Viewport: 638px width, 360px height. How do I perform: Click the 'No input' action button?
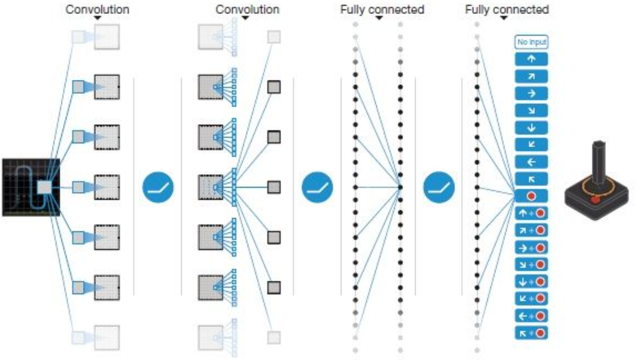(x=531, y=42)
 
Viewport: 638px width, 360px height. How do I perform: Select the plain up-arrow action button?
(x=531, y=60)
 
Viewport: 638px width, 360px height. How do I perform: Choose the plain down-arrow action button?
(x=531, y=127)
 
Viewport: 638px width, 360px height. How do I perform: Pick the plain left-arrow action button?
(x=531, y=162)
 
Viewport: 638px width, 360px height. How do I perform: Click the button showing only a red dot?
(x=531, y=196)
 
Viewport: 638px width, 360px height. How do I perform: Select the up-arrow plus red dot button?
(x=531, y=213)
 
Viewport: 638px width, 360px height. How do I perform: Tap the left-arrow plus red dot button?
(x=531, y=315)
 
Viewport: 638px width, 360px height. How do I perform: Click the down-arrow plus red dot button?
(x=531, y=281)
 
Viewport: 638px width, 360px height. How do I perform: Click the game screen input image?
(x=30, y=187)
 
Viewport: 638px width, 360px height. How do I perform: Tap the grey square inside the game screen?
(x=44, y=188)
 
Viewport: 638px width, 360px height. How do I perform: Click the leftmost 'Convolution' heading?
(x=98, y=10)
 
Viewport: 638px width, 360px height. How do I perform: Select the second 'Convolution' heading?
(x=247, y=10)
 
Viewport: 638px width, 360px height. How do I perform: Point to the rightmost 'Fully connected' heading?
(x=507, y=10)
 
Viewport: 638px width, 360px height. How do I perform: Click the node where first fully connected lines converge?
(x=400, y=187)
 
